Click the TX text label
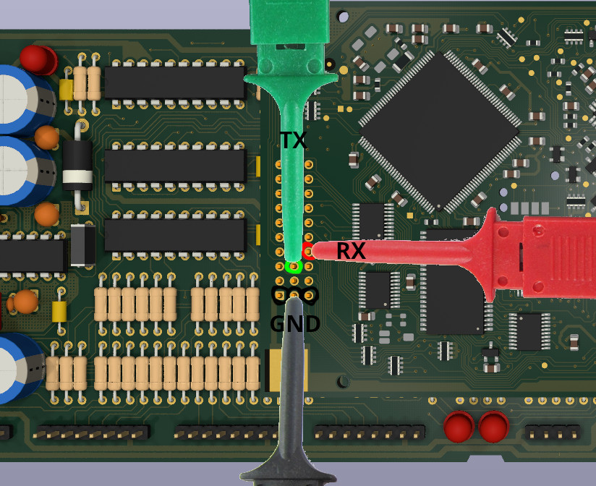(x=294, y=140)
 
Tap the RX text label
(x=351, y=252)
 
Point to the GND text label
(x=295, y=324)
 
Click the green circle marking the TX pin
(x=293, y=267)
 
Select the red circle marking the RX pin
(x=309, y=252)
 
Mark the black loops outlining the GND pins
(x=294, y=294)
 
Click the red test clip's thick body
(x=550, y=255)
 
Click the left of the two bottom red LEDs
(x=459, y=426)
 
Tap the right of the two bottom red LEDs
(x=493, y=426)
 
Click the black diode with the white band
(x=77, y=165)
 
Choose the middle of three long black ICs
(x=175, y=166)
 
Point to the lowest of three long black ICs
(x=175, y=235)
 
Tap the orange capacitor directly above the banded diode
(x=47, y=137)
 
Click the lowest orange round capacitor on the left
(x=27, y=301)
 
